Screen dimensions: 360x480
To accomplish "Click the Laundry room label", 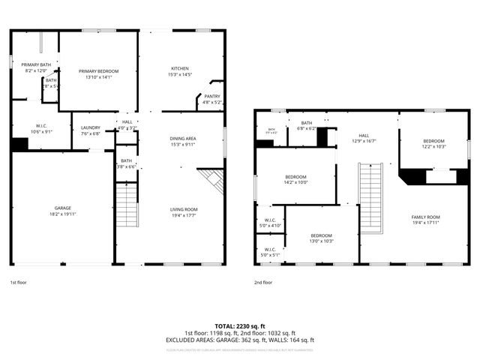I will coord(90,130).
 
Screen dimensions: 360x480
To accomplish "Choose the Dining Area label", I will coord(183,141).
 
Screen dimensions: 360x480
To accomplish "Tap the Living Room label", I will coord(184,212).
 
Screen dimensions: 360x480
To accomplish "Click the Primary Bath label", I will coord(36,67).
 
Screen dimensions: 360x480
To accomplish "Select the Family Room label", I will coord(424,219).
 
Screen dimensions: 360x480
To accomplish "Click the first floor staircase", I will coord(127,204).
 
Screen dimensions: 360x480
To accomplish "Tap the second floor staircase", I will coord(371,199).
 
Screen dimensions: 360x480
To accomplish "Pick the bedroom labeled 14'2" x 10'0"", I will coord(295,178).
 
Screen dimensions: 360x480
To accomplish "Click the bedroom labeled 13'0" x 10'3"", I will coord(321,238).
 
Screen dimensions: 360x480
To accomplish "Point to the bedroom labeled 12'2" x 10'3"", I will coord(433,143).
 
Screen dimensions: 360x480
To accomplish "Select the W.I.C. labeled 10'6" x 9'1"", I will coord(42,128).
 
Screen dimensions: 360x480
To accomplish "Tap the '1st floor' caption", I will coord(19,282).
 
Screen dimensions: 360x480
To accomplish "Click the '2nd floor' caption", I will coord(263,282).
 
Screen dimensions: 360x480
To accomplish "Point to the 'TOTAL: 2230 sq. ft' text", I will coord(240,326).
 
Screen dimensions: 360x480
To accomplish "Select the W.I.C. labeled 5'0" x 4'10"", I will coord(270,223).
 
